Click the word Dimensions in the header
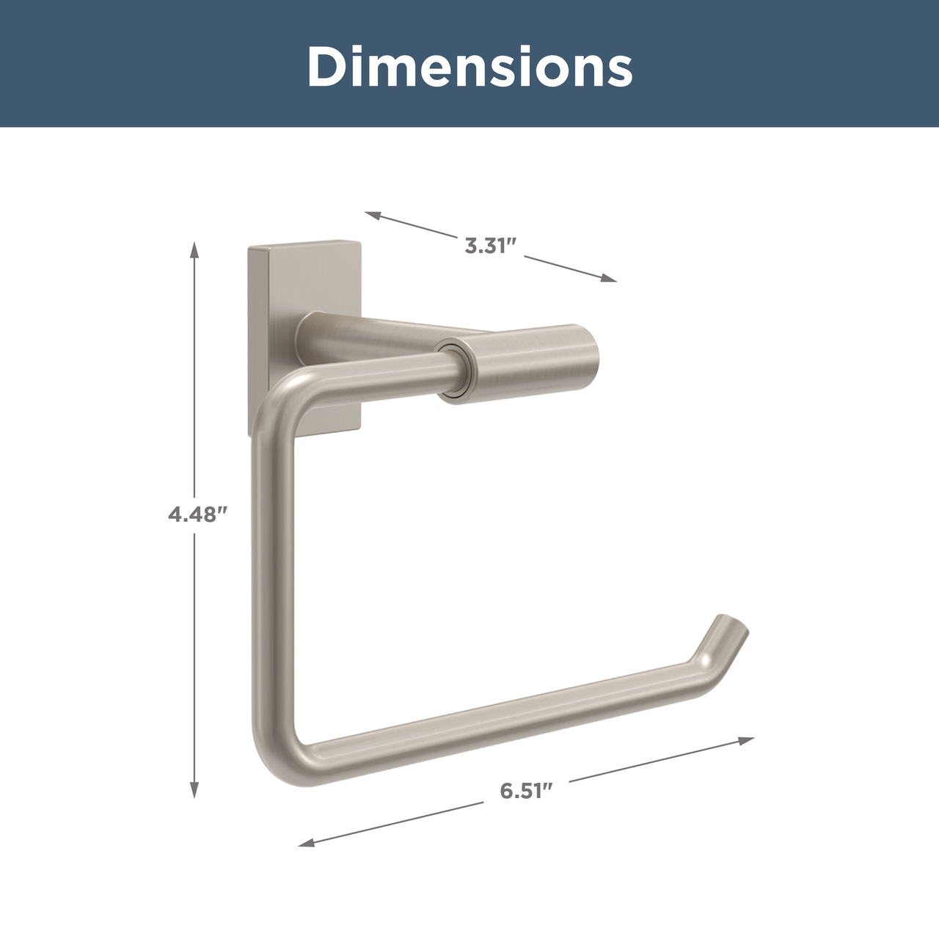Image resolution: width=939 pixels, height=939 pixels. (x=469, y=67)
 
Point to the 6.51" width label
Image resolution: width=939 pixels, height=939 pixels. (x=525, y=791)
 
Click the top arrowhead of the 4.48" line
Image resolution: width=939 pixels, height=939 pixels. (x=194, y=250)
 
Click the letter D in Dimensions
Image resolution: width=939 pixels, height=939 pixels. (x=326, y=67)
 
